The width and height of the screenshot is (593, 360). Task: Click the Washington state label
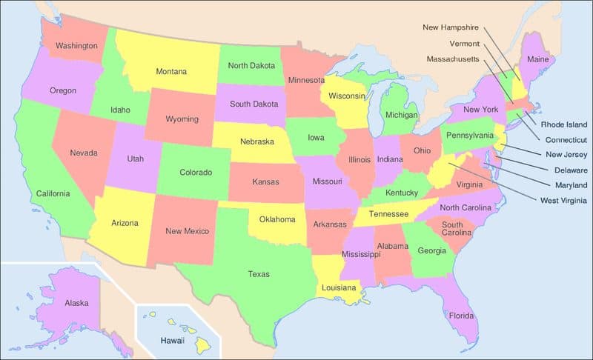tap(77, 46)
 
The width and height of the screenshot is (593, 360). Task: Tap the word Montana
tap(171, 72)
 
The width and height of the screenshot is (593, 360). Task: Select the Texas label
tap(259, 274)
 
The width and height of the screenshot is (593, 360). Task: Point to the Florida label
tap(461, 316)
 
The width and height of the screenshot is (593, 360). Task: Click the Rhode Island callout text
tap(563, 124)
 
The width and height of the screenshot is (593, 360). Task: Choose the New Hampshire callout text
tap(451, 27)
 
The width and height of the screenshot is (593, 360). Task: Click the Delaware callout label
tap(567, 170)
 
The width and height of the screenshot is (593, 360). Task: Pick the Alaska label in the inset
tap(77, 303)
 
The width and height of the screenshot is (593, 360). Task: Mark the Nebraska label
tap(257, 141)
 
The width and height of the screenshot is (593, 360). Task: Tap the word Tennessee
tap(389, 214)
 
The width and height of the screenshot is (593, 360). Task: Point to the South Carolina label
tap(452, 230)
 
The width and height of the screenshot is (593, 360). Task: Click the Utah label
tap(135, 159)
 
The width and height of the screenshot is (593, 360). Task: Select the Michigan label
tap(401, 116)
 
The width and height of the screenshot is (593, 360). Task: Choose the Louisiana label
tap(339, 287)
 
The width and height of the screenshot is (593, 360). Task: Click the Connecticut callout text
tap(566, 140)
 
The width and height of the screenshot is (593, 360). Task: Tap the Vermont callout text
tap(463, 43)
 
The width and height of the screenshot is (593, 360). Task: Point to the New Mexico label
tap(188, 231)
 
